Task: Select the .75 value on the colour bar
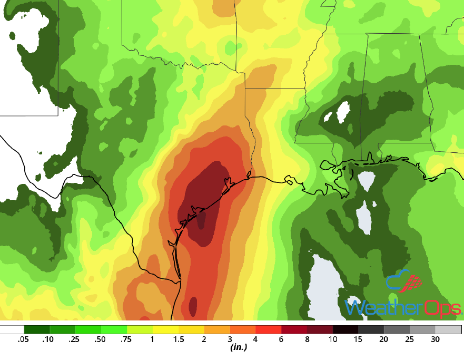126,339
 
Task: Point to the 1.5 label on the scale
178,339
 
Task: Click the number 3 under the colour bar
230,339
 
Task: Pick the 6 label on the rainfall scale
281,339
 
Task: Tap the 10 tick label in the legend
333,339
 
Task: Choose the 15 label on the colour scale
359,339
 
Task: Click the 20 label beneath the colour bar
384,339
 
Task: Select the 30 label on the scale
436,339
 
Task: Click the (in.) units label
239,348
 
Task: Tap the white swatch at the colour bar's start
12,330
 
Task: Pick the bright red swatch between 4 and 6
268,330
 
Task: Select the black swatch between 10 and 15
345,330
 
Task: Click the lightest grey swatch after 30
449,330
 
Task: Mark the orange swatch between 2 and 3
216,330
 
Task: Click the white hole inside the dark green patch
343,111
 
